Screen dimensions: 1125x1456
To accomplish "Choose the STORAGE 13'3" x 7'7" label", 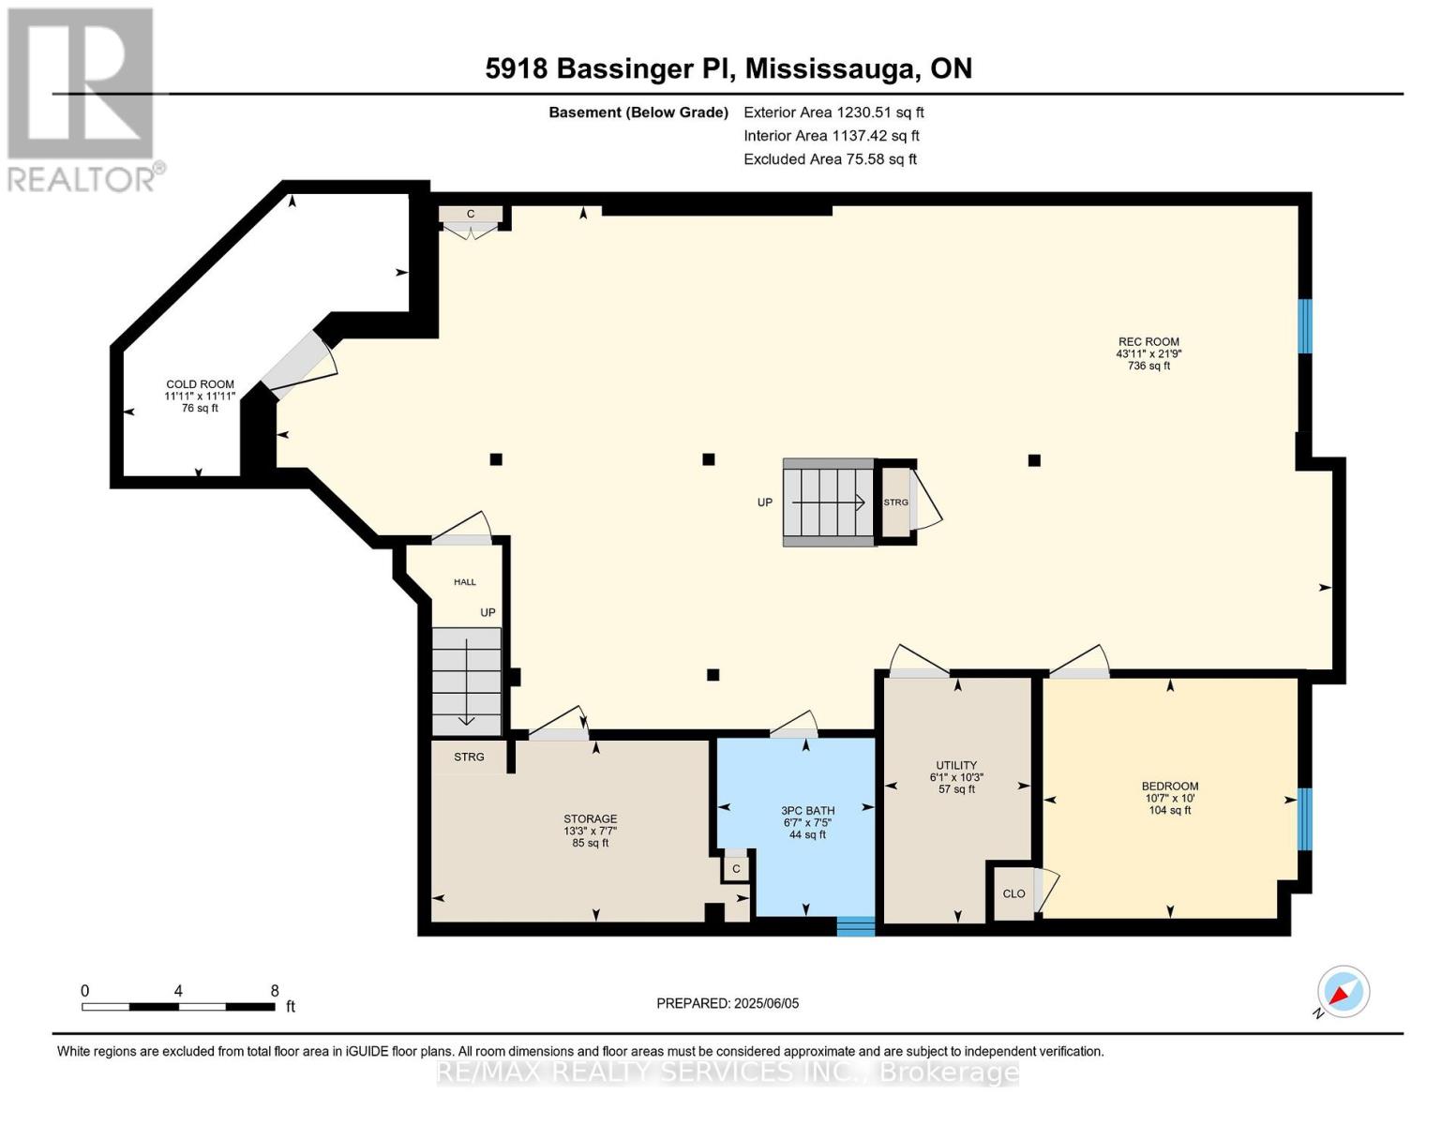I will (x=590, y=831).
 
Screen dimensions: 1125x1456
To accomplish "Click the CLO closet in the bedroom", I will (x=1013, y=893).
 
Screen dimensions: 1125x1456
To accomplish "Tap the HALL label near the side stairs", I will (x=465, y=582).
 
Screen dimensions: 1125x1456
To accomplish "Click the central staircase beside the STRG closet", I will (x=829, y=502).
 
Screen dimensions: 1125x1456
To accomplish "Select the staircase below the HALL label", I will (x=466, y=682).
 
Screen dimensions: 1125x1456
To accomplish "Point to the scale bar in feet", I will (x=178, y=1006).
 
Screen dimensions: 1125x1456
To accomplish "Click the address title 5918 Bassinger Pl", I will (x=728, y=68).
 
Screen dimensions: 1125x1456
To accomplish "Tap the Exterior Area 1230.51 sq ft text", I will (x=833, y=112).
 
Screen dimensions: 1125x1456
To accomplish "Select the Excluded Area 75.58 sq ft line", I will (x=830, y=159).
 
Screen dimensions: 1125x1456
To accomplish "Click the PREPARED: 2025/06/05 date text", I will (x=728, y=1003).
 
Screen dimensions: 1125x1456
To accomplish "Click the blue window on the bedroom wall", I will (x=1304, y=818).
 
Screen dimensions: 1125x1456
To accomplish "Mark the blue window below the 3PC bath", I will (x=855, y=926).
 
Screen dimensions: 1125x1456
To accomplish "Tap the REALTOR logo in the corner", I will (x=83, y=99).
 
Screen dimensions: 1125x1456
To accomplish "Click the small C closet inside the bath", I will (x=736, y=869).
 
